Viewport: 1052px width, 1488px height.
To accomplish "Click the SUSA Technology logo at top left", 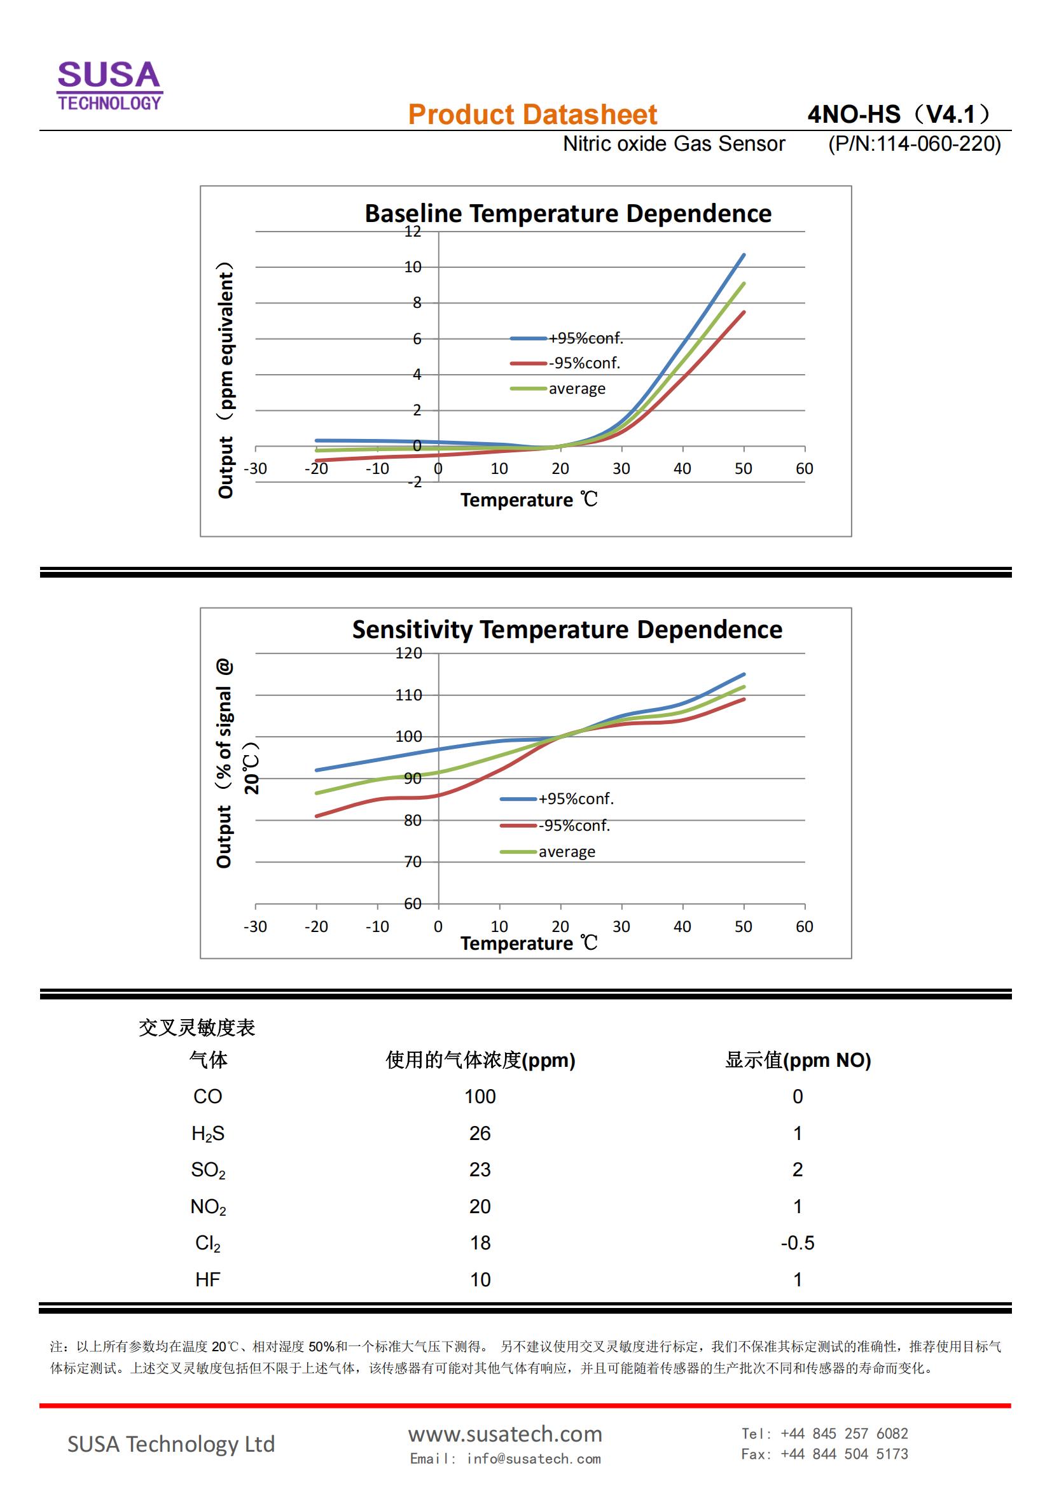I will coord(109,85).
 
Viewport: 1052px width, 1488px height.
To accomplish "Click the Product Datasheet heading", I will coord(532,115).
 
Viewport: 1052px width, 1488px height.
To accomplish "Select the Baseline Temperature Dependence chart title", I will coord(567,213).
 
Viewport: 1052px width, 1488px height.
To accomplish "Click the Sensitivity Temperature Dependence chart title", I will coord(567,629).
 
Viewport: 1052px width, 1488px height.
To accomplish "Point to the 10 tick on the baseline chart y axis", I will coord(413,267).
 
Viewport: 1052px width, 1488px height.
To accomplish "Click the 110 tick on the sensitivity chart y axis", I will coord(409,695).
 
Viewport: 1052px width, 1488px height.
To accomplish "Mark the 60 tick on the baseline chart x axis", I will coord(804,469).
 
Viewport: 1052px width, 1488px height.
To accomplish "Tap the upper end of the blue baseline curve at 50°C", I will coord(743,255).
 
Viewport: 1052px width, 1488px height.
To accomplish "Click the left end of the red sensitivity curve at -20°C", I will coord(317,816).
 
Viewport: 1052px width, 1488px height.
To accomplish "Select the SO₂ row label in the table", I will coord(208,1170).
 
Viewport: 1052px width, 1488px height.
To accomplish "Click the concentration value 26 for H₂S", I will coord(480,1133).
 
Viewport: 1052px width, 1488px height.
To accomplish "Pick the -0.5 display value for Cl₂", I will coord(798,1243).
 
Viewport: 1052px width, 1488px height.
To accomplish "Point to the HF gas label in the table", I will coord(208,1279).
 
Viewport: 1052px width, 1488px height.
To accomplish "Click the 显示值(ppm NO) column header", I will coord(798,1060).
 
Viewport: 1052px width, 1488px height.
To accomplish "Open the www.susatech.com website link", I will coord(504,1433).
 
